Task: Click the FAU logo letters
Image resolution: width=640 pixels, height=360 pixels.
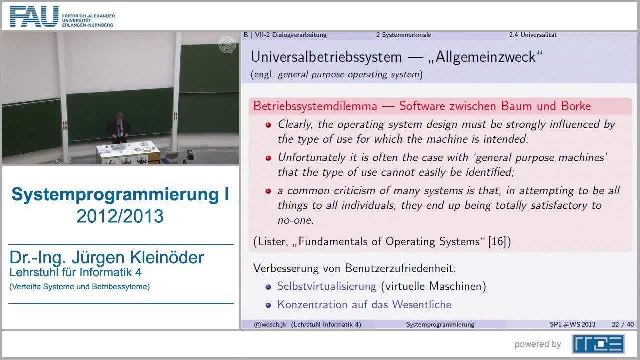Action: (34, 16)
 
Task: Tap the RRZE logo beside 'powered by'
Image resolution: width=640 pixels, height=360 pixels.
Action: (598, 344)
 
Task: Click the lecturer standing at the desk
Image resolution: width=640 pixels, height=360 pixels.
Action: (119, 128)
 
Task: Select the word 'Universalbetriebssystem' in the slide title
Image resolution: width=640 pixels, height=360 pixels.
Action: (326, 57)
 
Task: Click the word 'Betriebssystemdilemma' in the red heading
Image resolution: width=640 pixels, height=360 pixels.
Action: (315, 106)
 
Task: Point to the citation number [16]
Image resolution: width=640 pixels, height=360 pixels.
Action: (497, 241)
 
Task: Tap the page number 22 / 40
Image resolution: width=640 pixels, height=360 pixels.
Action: (623, 324)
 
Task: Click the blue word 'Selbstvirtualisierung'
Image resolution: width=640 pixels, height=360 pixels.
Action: (327, 286)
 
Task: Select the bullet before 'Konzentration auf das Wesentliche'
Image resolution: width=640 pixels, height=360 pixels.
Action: (268, 305)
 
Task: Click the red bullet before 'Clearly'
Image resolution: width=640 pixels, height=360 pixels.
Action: (268, 125)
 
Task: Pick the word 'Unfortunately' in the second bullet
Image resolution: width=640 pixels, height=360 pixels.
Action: (312, 158)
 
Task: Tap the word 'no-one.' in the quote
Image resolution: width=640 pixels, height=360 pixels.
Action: (296, 220)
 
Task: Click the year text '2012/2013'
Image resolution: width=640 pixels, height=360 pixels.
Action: (120, 216)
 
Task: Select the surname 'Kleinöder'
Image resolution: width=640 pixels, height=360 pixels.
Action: (167, 257)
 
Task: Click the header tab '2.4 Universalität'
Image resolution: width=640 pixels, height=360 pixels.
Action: (533, 35)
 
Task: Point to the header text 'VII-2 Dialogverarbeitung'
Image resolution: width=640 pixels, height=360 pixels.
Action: (291, 35)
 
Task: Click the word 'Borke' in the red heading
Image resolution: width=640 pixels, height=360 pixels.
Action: (576, 106)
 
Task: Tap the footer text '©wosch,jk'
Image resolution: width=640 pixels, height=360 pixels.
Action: (270, 324)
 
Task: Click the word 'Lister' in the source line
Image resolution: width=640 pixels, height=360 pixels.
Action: (271, 242)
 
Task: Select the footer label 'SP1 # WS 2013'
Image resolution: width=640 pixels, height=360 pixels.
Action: (572, 324)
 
